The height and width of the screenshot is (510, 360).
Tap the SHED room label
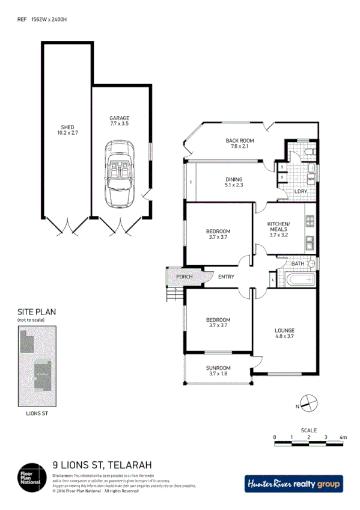tap(67, 130)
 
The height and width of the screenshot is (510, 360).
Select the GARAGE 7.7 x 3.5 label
tap(119, 120)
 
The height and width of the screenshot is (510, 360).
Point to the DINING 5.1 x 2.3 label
tap(234, 182)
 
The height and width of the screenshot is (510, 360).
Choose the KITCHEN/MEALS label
tap(278, 229)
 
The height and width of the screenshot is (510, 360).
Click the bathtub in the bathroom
tap(299, 280)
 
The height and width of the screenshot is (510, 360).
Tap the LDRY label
tap(301, 191)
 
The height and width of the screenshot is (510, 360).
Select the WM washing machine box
tap(311, 179)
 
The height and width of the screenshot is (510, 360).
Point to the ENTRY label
tap(226, 277)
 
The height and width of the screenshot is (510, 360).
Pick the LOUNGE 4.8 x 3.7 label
tap(284, 333)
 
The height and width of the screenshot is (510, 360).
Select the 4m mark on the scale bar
tap(343, 437)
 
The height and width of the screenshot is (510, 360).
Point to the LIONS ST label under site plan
tap(37, 414)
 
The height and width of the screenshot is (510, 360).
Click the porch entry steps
tap(174, 295)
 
